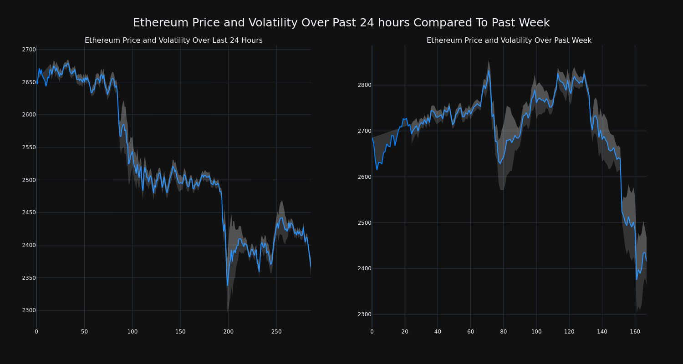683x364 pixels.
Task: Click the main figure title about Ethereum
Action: [341, 23]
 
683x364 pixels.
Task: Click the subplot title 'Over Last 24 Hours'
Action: [173, 40]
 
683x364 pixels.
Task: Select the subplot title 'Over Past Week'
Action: [509, 40]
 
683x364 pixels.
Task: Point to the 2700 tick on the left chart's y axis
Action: [29, 50]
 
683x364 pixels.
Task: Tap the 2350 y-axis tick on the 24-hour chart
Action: [29, 278]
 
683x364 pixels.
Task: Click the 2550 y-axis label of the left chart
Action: [29, 147]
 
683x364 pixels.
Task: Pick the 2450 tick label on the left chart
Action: [29, 212]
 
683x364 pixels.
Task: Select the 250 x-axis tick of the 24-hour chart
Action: [276, 332]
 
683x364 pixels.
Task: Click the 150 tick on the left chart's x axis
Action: [180, 332]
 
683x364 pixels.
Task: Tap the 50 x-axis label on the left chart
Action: [84, 332]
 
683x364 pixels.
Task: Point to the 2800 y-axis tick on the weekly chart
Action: [364, 85]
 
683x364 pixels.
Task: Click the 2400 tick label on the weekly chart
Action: [364, 268]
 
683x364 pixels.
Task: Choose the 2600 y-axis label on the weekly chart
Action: [364, 177]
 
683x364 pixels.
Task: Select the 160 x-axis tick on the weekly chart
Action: [635, 332]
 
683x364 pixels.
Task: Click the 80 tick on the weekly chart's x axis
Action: [503, 332]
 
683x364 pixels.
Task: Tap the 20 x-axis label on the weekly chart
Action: [404, 332]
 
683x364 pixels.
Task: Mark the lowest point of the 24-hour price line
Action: [228, 285]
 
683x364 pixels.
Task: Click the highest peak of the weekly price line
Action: [489, 71]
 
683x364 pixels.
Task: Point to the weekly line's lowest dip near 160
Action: [637, 279]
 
